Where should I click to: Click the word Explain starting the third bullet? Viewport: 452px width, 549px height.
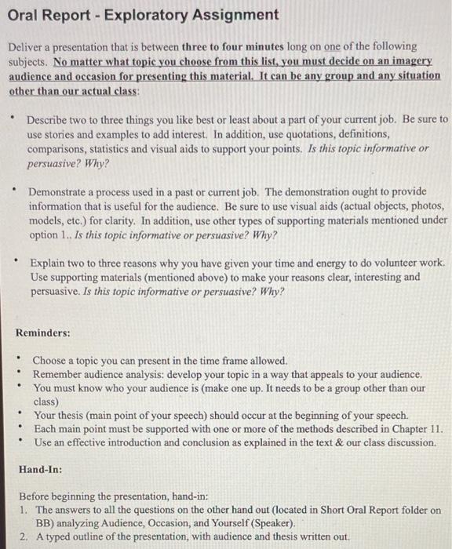47,263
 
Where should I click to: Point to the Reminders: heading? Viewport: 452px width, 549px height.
43,333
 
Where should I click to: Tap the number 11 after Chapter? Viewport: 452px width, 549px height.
436,429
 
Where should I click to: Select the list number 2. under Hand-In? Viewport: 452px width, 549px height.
24,536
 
